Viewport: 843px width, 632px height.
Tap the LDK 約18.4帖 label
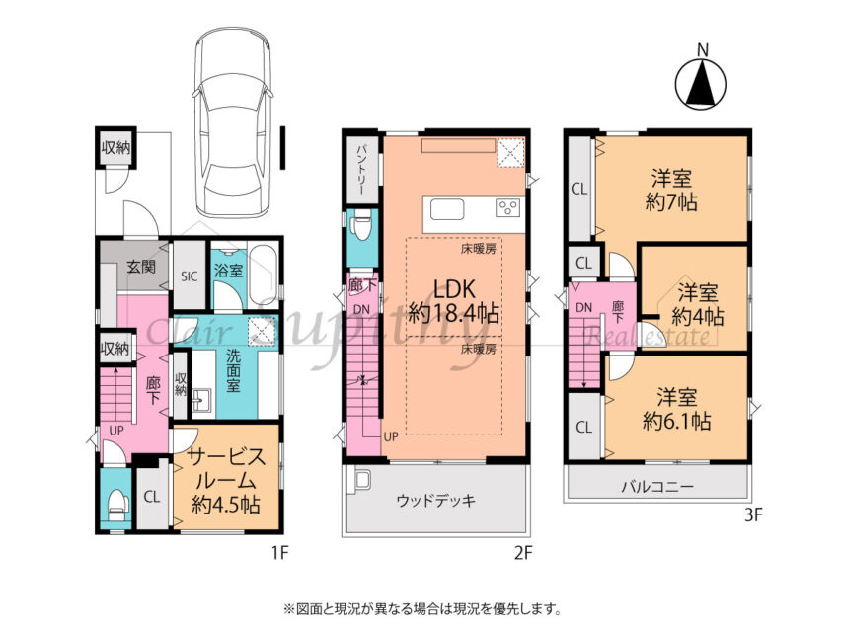[x=454, y=301]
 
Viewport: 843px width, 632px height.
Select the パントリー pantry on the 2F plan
[x=361, y=171]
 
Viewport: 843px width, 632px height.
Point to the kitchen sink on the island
[x=447, y=209]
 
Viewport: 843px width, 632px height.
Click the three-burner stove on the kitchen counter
[x=508, y=207]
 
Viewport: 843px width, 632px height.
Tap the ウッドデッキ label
[x=436, y=502]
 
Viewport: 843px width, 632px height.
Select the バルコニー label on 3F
[x=657, y=487]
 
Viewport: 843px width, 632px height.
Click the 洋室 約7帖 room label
[x=671, y=191]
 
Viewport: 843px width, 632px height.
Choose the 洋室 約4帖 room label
[x=697, y=304]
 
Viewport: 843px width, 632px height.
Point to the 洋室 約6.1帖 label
[x=677, y=409]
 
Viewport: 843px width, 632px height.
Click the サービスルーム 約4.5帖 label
[x=226, y=480]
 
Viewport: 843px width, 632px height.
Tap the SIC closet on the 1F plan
[x=190, y=276]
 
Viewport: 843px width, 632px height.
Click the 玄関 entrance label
[x=141, y=267]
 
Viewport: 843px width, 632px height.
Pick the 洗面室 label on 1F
[x=233, y=370]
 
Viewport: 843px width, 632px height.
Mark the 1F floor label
[x=278, y=552]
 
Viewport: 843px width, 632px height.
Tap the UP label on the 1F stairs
[x=116, y=431]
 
